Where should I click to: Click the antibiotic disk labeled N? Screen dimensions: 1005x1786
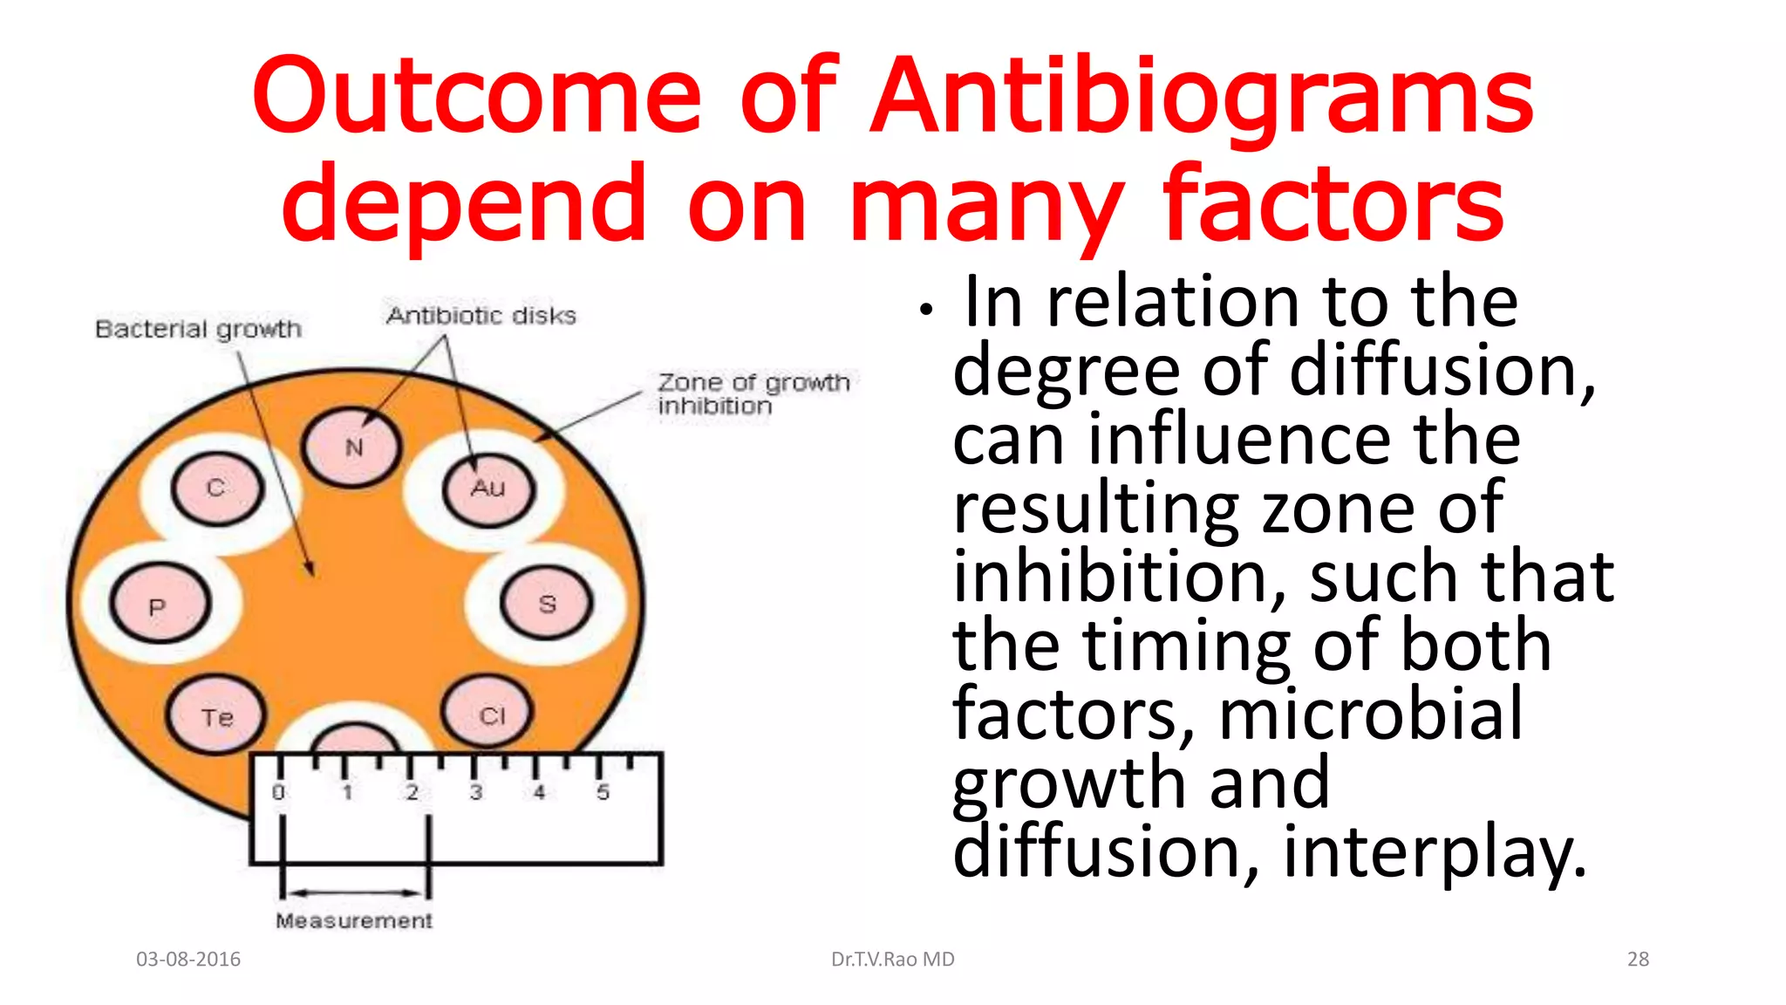pyautogui.click(x=352, y=448)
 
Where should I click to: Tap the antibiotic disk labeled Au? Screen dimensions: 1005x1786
pyautogui.click(x=487, y=489)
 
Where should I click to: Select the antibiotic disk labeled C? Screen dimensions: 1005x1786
pyautogui.click(x=216, y=488)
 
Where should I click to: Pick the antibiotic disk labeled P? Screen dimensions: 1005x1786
pyautogui.click(x=159, y=605)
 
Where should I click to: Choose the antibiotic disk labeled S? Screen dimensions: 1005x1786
pyautogui.click(x=547, y=603)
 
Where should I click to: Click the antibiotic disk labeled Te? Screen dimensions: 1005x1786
pyautogui.click(x=215, y=716)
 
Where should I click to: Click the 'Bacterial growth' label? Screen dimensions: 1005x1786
pyautogui.click(x=198, y=329)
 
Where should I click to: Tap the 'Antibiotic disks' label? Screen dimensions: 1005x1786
pyautogui.click(x=481, y=315)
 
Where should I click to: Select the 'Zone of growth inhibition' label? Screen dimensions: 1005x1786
pyautogui.click(x=753, y=393)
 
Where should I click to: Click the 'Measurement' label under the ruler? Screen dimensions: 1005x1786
pyautogui.click(x=353, y=920)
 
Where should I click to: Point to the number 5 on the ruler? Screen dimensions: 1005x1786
pyautogui.click(x=603, y=792)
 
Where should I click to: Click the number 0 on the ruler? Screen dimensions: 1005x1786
pyautogui.click(x=278, y=792)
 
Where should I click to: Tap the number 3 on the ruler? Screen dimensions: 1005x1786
pyautogui.click(x=475, y=792)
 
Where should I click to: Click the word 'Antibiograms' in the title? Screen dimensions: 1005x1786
pyautogui.click(x=1203, y=98)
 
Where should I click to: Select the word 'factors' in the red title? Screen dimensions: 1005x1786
pyautogui.click(x=1333, y=205)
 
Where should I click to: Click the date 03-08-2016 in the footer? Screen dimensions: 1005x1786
pyautogui.click(x=188, y=959)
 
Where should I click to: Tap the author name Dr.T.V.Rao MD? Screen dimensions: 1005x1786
pyautogui.click(x=892, y=959)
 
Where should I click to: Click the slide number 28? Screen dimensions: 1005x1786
pyautogui.click(x=1638, y=959)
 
